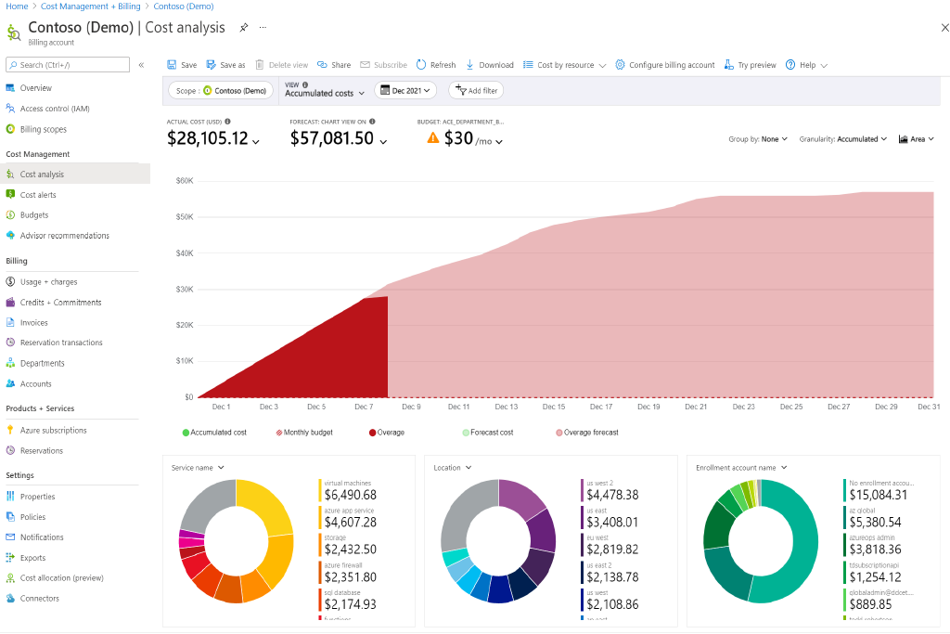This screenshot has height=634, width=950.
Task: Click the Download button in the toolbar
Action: pos(490,65)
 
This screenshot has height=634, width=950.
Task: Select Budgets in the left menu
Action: pos(34,215)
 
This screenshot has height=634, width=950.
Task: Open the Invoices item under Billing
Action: pos(33,323)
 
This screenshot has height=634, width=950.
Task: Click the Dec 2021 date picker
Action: pos(406,91)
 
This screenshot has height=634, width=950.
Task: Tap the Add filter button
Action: pos(477,91)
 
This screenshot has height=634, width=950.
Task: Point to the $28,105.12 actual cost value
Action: pos(208,139)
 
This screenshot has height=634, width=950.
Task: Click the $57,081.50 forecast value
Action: pos(332,139)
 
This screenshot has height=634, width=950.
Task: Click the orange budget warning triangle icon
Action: pos(432,138)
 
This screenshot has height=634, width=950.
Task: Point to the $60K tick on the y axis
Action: pos(184,181)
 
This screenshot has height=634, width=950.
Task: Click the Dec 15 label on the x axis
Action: pos(554,407)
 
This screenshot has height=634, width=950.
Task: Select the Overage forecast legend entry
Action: pos(591,433)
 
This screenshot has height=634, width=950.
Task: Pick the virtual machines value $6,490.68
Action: pos(350,496)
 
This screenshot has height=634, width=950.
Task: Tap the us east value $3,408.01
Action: pos(611,523)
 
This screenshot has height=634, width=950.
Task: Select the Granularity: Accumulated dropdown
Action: pos(843,139)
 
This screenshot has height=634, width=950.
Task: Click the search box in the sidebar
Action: pos(68,65)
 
